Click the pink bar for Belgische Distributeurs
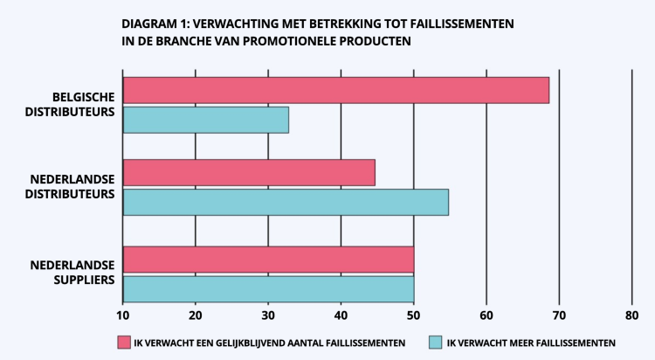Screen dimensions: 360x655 coord(336,90)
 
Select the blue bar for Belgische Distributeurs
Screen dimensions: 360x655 coord(206,120)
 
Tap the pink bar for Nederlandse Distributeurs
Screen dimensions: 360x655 coord(249,173)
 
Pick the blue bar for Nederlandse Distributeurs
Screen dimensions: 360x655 coord(286,202)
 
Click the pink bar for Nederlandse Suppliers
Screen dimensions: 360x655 coord(268,260)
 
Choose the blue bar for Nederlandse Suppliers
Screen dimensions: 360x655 coord(268,287)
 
